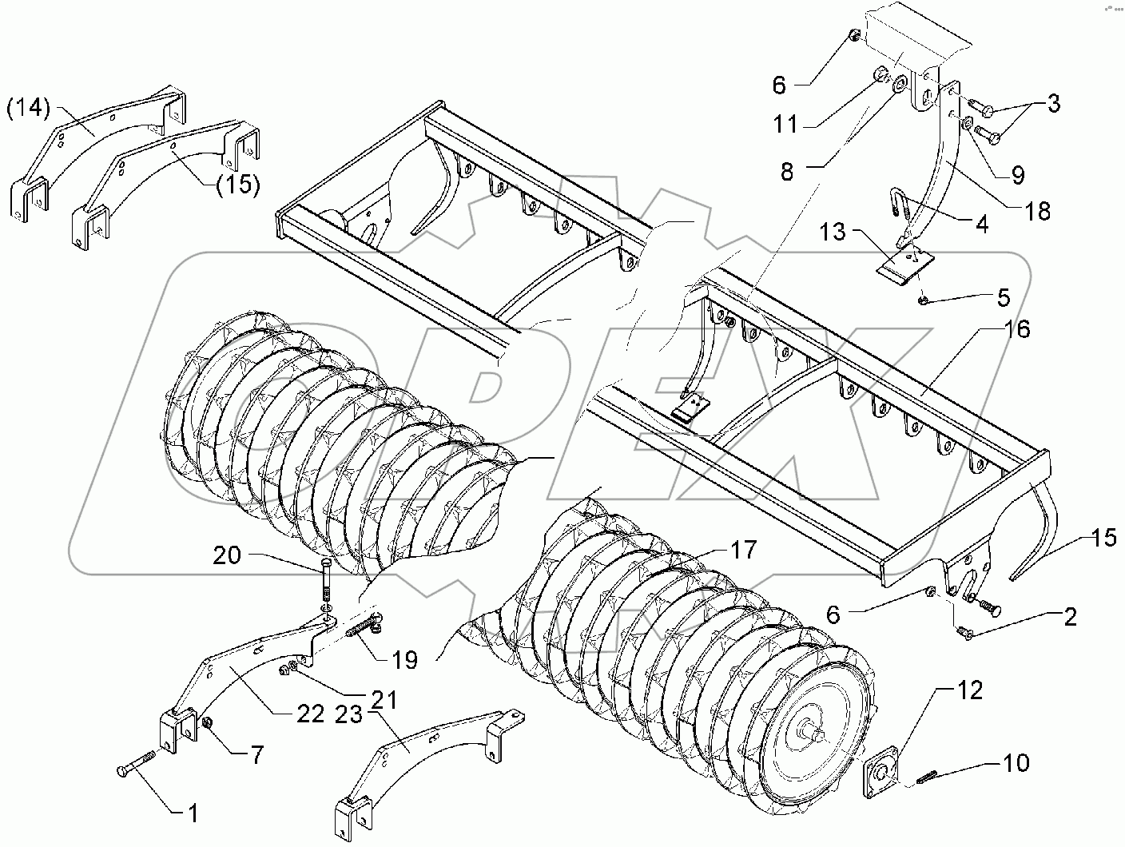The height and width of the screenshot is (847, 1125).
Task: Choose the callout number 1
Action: click(x=192, y=813)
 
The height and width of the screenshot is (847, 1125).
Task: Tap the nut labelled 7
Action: click(x=206, y=724)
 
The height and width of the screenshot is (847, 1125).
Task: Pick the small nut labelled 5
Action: click(x=923, y=300)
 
